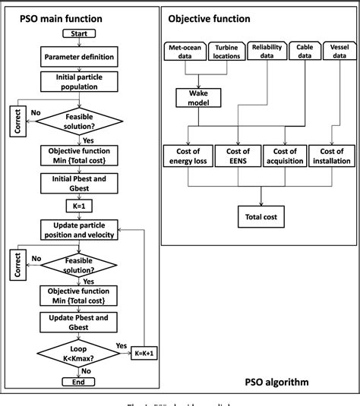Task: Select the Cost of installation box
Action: click(x=331, y=156)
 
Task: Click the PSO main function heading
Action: click(x=60, y=17)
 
